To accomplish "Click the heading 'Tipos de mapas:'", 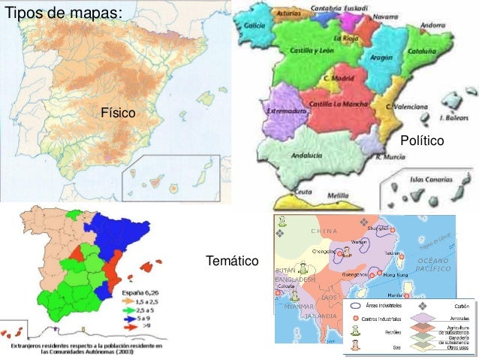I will point(61,14).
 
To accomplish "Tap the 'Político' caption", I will point(422,141).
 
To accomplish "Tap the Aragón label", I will point(381,57).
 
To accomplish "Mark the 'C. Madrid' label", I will point(338,77).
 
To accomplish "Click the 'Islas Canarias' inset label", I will point(431,180).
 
